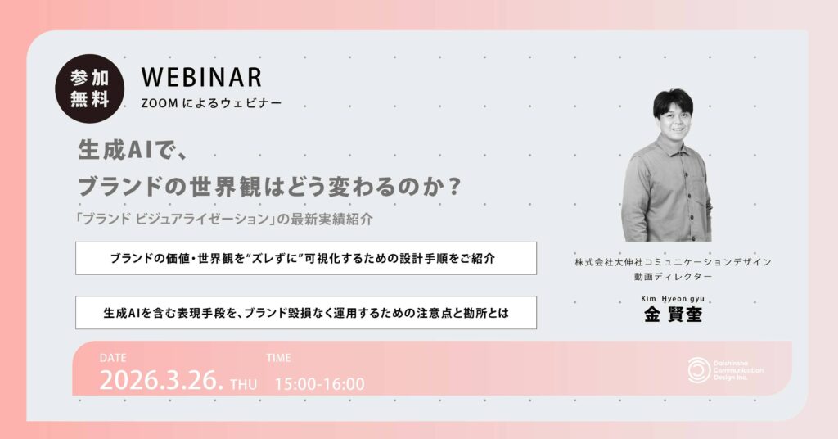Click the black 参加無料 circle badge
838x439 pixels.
(90, 88)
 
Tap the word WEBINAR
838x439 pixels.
(201, 78)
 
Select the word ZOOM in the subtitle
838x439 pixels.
(160, 104)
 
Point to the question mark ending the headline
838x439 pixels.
(453, 186)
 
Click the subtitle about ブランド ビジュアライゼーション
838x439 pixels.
(224, 219)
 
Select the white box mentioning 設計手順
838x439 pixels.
(306, 258)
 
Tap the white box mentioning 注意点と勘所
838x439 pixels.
(306, 313)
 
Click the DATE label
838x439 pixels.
(113, 358)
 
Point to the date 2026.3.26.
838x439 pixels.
(161, 381)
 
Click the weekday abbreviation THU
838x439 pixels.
(244, 384)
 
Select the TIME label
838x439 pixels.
(278, 358)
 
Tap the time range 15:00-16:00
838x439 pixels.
(320, 384)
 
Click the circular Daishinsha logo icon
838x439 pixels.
(699, 370)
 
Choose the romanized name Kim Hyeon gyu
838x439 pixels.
(673, 299)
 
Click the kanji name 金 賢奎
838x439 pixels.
(673, 315)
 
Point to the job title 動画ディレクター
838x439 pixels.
(673, 277)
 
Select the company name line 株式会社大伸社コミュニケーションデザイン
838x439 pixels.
(673, 262)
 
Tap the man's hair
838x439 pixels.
(673, 101)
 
